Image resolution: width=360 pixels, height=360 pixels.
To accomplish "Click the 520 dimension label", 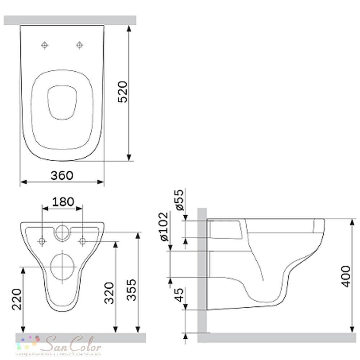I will pos(123,92).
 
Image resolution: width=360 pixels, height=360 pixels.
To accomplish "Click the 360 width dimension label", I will pos(62,175).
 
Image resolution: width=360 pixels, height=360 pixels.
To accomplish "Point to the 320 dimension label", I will pos(109,293).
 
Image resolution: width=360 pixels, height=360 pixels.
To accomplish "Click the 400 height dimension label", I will pos(346,276).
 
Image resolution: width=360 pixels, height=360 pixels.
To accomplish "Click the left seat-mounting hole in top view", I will pos(45,45).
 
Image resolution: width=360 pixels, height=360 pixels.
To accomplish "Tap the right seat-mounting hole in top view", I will pos(80,45).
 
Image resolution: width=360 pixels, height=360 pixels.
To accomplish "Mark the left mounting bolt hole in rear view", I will pos(42,241).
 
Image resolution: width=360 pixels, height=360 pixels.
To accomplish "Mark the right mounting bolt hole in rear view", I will pos(82,241).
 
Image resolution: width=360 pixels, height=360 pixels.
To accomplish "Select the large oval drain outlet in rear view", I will pos(63,266).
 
